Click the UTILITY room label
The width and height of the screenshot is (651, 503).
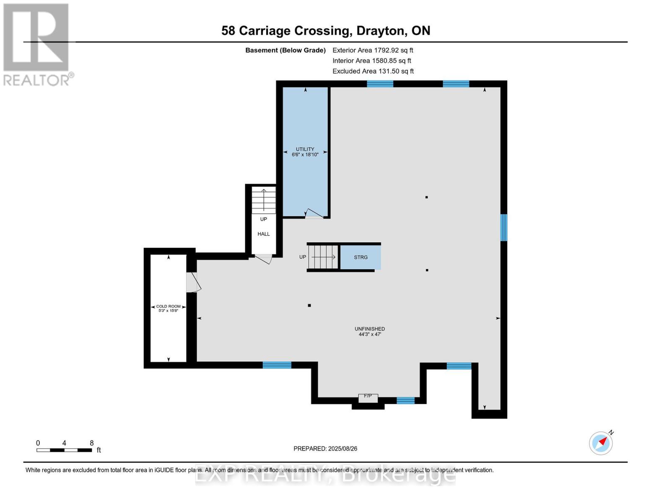pos(305,152)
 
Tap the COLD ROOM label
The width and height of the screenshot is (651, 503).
pos(168,309)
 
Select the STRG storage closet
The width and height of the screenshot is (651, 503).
pos(361,257)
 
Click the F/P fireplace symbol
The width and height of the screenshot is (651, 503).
pos(368,397)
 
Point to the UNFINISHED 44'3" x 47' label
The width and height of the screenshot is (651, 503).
pos(369,332)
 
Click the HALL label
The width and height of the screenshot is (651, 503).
pos(263,234)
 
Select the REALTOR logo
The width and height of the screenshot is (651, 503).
pos(37,44)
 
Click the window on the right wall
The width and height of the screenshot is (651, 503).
pos(504,228)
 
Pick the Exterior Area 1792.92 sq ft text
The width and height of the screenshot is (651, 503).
pos(373,50)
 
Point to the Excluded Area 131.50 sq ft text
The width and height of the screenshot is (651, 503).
pos(373,71)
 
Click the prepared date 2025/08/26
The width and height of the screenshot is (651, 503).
pos(325,449)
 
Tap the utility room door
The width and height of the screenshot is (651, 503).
pos(314,214)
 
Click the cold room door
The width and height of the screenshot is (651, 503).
pos(193,282)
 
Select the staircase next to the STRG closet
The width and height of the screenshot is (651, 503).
pos(323,257)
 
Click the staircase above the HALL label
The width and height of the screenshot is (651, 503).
pos(263,200)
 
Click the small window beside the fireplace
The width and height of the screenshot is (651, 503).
pos(405,400)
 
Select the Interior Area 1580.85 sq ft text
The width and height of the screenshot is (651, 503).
pos(372,61)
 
